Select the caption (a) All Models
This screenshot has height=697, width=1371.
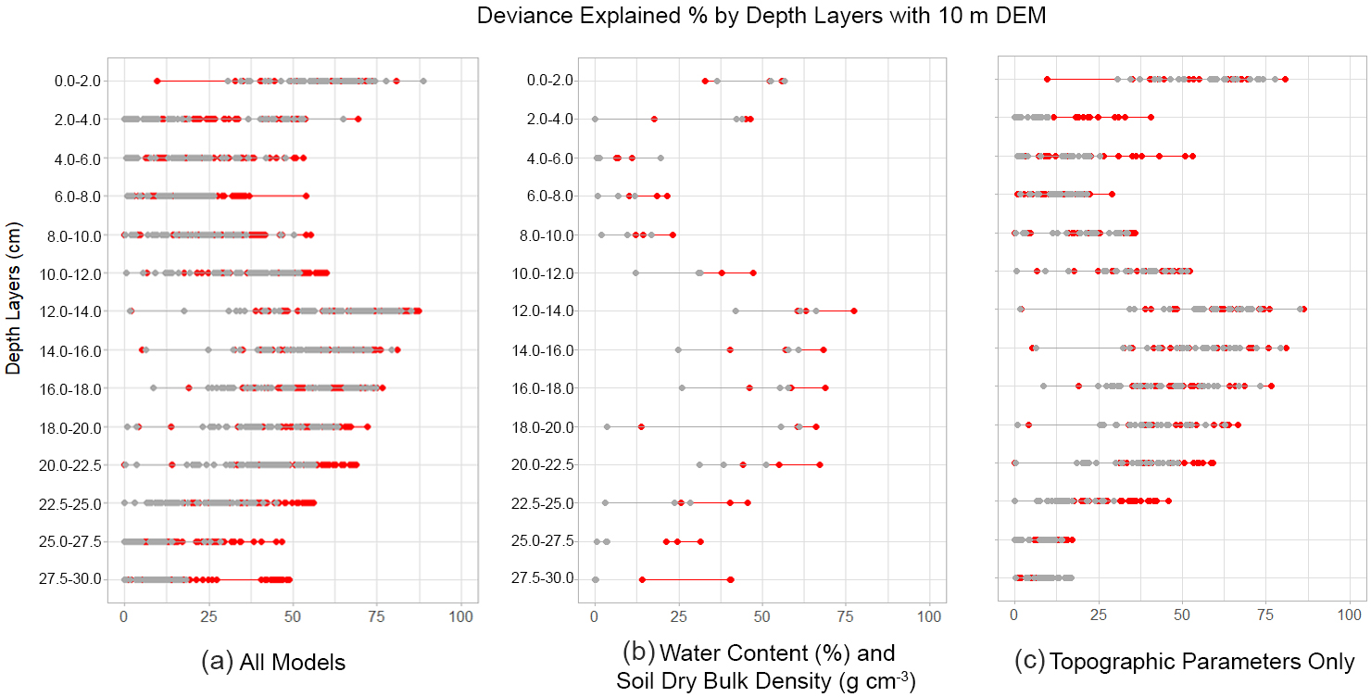coord(273,662)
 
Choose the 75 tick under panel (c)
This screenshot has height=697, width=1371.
coord(1265,615)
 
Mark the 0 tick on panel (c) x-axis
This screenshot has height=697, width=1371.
coord(1014,615)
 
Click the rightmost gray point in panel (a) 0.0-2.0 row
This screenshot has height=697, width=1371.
coord(423,82)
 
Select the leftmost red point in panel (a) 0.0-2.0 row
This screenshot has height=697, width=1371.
coord(157,82)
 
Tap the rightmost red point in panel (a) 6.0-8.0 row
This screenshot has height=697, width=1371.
coord(306,196)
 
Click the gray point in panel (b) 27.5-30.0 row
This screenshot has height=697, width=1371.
coord(595,579)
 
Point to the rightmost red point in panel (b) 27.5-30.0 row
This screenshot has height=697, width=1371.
coord(731,579)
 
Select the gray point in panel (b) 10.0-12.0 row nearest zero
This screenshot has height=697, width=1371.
coord(635,272)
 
